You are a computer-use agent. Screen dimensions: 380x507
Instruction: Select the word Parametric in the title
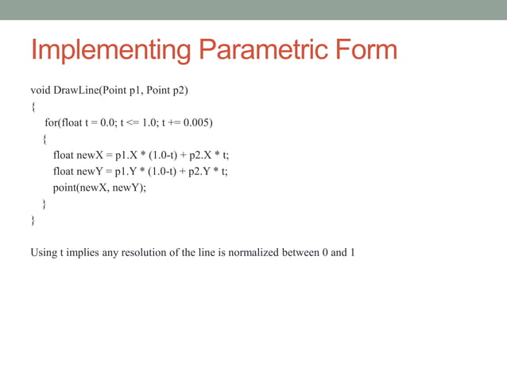(x=262, y=51)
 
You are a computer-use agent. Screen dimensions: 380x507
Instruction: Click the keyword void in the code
(x=41, y=90)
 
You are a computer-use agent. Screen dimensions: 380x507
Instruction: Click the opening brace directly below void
(x=33, y=107)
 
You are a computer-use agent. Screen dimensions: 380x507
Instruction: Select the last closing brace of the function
(x=33, y=220)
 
